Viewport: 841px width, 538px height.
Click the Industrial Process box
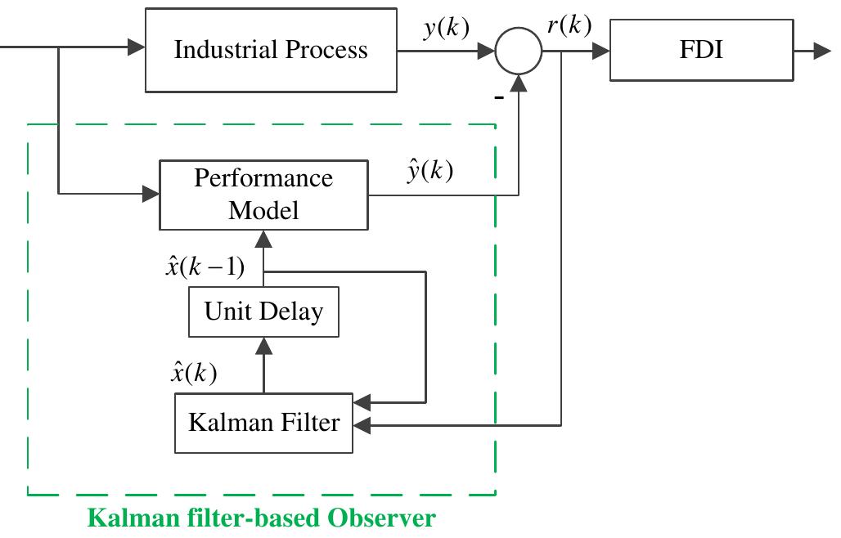(x=271, y=50)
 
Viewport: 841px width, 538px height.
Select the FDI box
(x=701, y=50)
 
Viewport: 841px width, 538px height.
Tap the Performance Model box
(x=263, y=195)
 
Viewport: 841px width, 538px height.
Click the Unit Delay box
(x=263, y=312)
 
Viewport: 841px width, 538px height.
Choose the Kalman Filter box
(x=263, y=423)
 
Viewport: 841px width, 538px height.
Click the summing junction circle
(x=519, y=51)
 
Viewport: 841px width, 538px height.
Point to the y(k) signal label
(x=447, y=29)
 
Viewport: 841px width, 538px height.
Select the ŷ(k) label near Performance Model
(x=429, y=171)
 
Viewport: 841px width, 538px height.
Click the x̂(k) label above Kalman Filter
(x=193, y=373)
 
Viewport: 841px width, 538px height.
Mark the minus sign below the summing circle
(x=497, y=97)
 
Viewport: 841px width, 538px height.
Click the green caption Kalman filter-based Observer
(x=261, y=518)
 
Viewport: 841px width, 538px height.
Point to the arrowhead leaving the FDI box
(x=823, y=50)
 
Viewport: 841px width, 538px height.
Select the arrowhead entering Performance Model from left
(x=151, y=195)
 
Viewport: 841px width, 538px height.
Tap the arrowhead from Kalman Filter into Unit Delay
(x=263, y=345)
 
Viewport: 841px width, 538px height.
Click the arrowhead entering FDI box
(x=601, y=50)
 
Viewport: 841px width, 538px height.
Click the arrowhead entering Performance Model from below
(x=263, y=238)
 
